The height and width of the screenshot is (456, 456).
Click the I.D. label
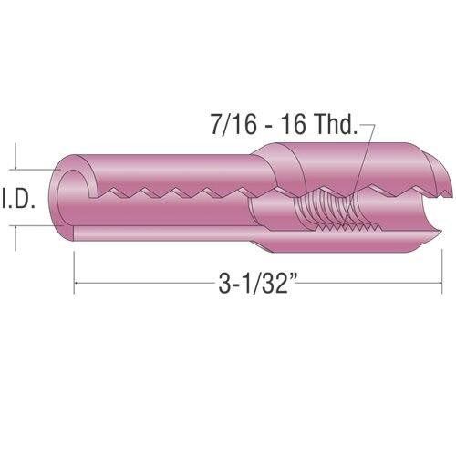coord(17,199)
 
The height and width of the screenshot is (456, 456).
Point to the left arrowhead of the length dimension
coord(77,286)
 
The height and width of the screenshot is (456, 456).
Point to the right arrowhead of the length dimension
coord(440,286)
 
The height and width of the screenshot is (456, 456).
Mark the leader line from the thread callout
coord(363,164)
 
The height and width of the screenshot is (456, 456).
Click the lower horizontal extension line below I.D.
coord(36,228)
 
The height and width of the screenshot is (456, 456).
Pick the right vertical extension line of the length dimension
coord(444,264)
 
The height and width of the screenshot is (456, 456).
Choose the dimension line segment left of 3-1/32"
coord(146,286)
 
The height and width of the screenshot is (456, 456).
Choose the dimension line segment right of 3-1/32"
coord(374,286)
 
